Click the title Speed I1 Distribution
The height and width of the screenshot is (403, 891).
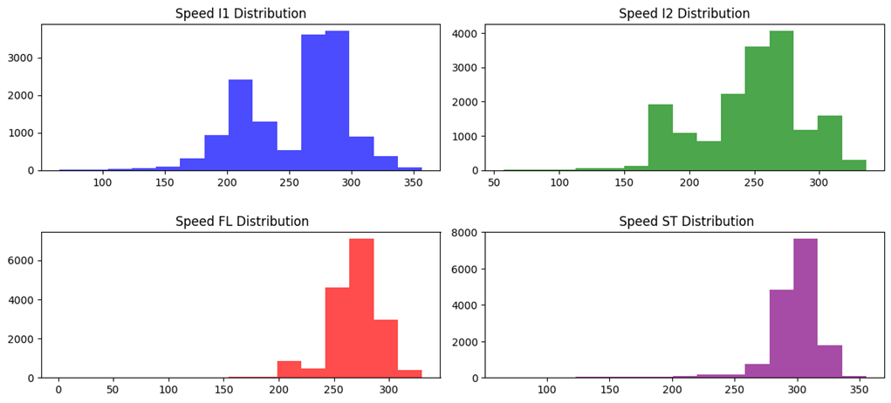coord(241,14)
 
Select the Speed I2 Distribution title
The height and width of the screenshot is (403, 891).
coord(684,14)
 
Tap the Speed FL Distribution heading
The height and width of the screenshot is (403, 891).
coord(242,222)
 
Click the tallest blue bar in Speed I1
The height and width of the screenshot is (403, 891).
coord(337,100)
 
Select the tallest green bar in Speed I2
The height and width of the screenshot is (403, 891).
coord(781,100)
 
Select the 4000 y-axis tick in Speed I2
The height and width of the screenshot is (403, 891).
coord(463,33)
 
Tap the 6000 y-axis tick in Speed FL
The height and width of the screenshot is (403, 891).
coord(21,261)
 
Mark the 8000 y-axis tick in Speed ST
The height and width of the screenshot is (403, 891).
coord(463,232)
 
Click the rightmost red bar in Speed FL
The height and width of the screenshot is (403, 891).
coord(409,374)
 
